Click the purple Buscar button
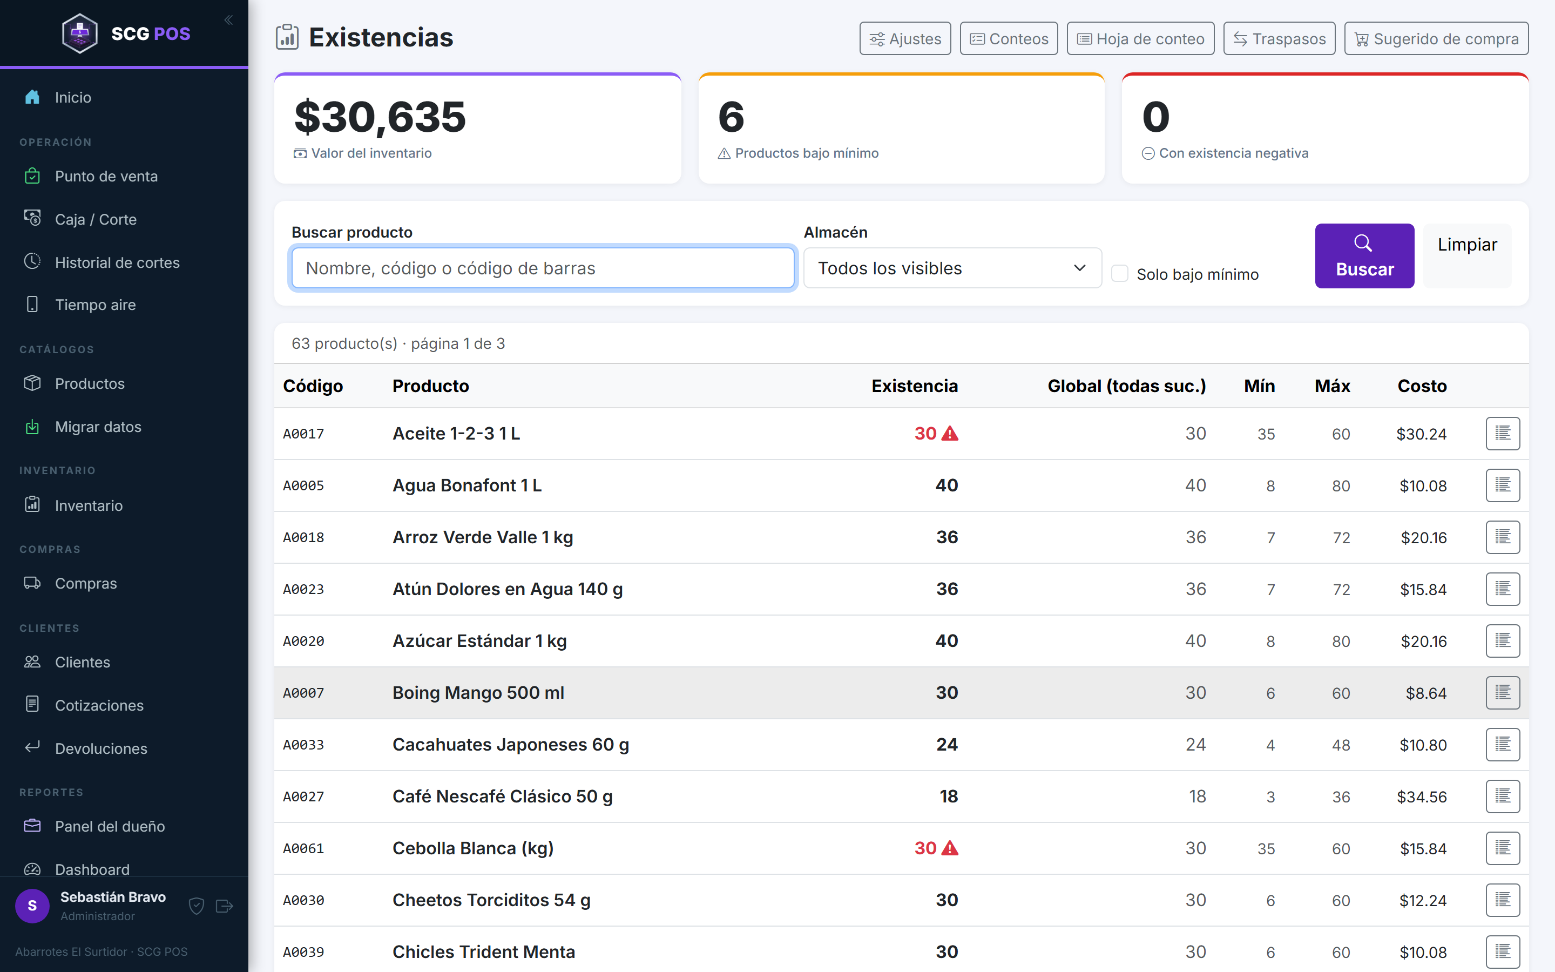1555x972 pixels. click(1364, 256)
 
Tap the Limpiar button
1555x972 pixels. click(1467, 256)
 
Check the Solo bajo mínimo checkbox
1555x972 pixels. click(1119, 274)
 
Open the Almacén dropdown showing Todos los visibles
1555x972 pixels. click(952, 268)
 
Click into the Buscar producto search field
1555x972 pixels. click(543, 268)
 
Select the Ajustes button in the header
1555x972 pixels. click(905, 38)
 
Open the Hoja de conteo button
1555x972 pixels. click(1140, 38)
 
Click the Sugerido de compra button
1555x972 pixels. click(1436, 38)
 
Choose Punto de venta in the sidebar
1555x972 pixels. click(106, 176)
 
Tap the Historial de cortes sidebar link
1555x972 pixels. click(117, 262)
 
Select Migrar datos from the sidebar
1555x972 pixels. click(98, 427)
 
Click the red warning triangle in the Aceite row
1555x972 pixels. click(950, 434)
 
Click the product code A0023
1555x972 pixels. click(303, 590)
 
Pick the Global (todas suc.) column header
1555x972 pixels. click(1126, 386)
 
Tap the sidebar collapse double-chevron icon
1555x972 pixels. click(228, 21)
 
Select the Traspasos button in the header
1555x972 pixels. click(1279, 38)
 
